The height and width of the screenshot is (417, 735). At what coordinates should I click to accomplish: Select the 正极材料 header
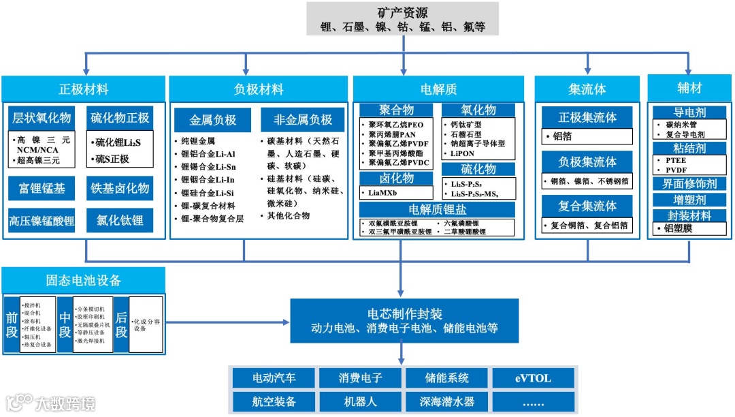pyautogui.click(x=84, y=89)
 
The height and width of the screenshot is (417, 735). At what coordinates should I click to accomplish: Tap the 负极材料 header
pyautogui.click(x=259, y=89)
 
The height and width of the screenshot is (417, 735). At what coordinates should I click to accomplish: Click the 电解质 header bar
pyautogui.click(x=438, y=89)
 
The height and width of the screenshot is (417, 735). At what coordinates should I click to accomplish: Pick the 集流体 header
pyautogui.click(x=587, y=89)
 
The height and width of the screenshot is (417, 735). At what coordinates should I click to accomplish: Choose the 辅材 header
pyautogui.click(x=689, y=89)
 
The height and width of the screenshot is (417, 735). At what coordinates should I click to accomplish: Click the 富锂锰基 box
pyautogui.click(x=42, y=188)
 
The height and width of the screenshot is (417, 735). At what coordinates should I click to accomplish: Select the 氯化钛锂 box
pyautogui.click(x=120, y=221)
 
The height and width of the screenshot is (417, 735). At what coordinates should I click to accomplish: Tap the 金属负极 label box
pyautogui.click(x=213, y=121)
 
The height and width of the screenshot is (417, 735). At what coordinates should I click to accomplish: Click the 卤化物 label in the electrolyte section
pyautogui.click(x=396, y=179)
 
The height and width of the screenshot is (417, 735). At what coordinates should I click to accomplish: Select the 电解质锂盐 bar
pyautogui.click(x=438, y=209)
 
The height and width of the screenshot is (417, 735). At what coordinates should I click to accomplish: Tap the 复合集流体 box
pyautogui.click(x=587, y=206)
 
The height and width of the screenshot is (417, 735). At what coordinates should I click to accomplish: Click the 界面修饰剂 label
pyautogui.click(x=689, y=183)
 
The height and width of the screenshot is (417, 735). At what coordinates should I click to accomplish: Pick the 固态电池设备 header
pyautogui.click(x=84, y=280)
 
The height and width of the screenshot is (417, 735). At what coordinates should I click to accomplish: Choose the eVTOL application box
pyautogui.click(x=533, y=377)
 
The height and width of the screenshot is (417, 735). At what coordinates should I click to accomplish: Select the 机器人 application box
pyautogui.click(x=360, y=401)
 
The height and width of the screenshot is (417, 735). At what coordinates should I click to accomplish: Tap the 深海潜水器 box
pyautogui.click(x=446, y=401)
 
